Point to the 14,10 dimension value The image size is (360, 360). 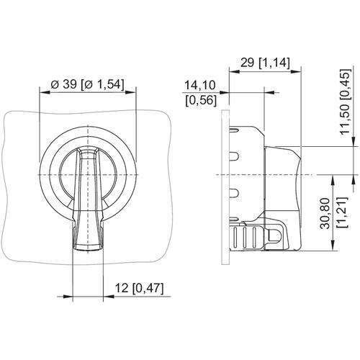pyautogui.click(x=200, y=85)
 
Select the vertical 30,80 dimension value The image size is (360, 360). pyautogui.click(x=325, y=213)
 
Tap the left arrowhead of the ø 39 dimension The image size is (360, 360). pyautogui.click(x=45, y=92)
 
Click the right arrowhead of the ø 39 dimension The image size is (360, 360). pyautogui.click(x=130, y=92)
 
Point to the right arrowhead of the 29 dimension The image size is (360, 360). pyautogui.click(x=296, y=71)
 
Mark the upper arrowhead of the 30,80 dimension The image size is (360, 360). pyautogui.click(x=333, y=180)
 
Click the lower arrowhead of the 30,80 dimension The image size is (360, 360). pyautogui.click(x=333, y=246)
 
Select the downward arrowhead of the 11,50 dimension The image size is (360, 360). pyautogui.click(x=354, y=141)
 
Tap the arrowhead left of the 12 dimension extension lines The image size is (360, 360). pyautogui.click(x=68, y=297)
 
